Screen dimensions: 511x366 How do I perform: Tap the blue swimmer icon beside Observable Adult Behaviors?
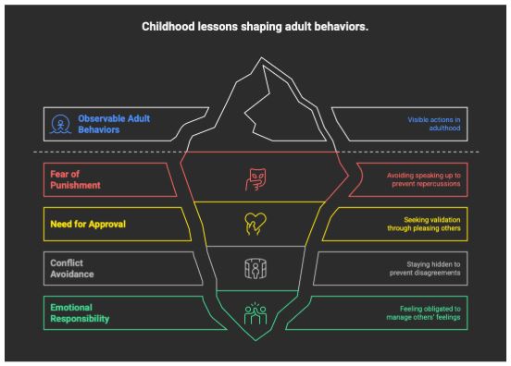(60, 124)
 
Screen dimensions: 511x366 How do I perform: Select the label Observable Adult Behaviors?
(114, 124)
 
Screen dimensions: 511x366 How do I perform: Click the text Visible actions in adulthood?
(434, 124)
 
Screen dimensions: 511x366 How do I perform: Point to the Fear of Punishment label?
(75, 179)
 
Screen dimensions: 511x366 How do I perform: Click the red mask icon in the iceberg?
(255, 179)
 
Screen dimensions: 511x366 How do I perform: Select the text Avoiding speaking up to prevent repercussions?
(423, 179)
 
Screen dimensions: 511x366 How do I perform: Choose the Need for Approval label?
(88, 225)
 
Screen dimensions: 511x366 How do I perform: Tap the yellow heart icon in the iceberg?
(255, 224)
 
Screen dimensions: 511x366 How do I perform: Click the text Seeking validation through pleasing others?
(424, 225)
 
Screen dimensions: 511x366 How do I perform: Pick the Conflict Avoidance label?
(71, 268)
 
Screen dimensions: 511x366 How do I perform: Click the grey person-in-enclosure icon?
(255, 269)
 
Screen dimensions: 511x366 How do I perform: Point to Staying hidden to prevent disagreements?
(425, 268)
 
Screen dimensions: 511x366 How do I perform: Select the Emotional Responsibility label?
(80, 313)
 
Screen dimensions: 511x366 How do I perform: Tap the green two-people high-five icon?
(255, 313)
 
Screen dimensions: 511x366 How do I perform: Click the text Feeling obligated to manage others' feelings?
(423, 313)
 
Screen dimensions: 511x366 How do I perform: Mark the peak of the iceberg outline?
(261, 57)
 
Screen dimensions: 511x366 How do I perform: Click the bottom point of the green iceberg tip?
(255, 341)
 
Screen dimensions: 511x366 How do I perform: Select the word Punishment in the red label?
(75, 185)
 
